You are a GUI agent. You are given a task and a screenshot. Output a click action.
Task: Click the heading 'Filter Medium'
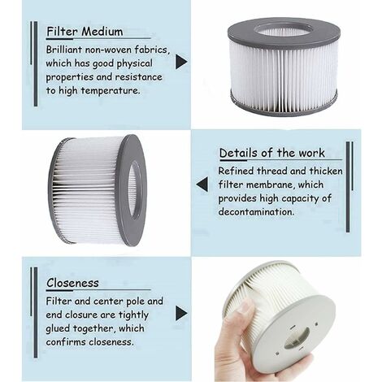85,32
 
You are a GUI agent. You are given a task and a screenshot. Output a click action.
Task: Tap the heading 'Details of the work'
271,153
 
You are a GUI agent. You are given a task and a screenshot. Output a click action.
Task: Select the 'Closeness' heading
72,283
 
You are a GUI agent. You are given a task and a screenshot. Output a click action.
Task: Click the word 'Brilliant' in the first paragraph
64,50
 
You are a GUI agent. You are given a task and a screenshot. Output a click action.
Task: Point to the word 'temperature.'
111,90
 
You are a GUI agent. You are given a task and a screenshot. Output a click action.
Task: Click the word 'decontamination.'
256,211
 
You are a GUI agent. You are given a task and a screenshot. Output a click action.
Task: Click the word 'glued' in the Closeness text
58,328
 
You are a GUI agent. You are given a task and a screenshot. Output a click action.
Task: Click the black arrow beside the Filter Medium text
181,62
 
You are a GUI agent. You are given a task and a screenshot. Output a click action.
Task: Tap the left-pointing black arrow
202,184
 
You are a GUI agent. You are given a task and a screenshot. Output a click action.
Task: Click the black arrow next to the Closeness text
181,313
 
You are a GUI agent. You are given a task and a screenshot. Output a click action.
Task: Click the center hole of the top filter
284,29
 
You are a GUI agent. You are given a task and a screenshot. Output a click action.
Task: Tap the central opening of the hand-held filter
297,337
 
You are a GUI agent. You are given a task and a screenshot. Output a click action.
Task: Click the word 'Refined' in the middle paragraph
237,171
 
